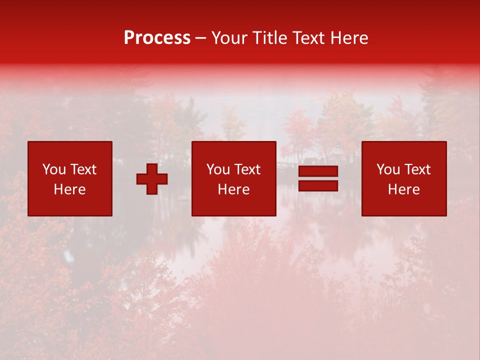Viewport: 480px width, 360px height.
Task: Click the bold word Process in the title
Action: pos(157,38)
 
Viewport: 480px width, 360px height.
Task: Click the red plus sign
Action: pos(152,178)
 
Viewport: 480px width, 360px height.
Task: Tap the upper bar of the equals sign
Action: pos(318,171)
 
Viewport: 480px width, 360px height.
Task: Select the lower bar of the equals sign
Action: pos(318,185)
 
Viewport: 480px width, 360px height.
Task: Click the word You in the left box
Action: pos(54,169)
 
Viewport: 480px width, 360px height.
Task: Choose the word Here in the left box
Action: pos(69,189)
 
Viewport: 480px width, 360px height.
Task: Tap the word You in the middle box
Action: pos(218,169)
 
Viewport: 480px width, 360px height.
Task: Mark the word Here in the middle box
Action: pos(233,189)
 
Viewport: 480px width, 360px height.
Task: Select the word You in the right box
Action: pos(388,169)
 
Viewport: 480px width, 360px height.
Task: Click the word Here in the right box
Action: pos(403,189)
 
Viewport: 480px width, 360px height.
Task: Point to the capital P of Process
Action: pos(129,38)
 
